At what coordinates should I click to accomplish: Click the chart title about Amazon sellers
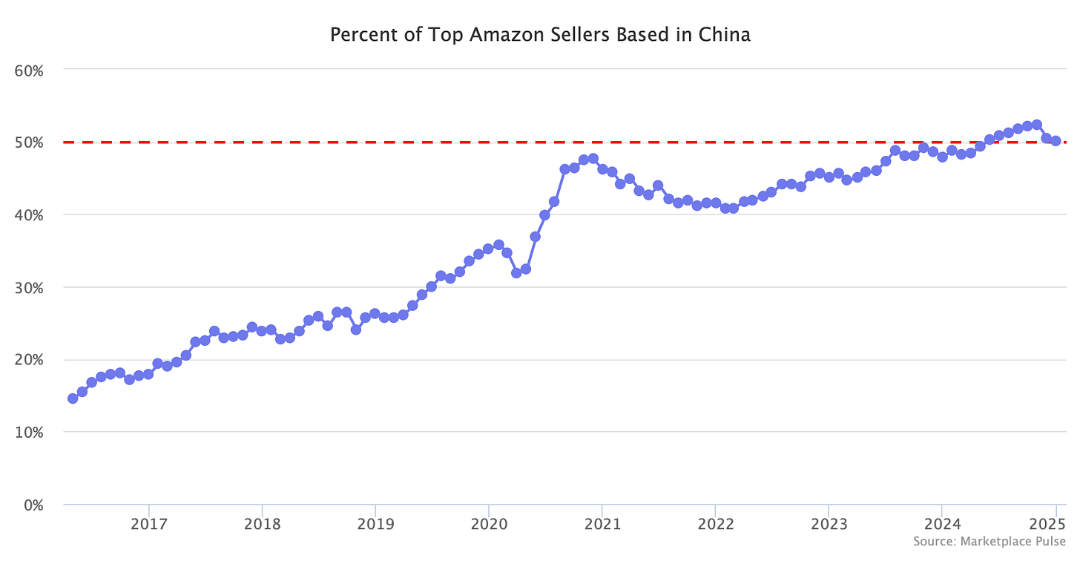539,35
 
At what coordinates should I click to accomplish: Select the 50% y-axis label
30,142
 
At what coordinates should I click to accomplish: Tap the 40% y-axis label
30,215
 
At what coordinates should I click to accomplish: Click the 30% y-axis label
30,288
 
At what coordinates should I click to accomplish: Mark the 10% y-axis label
30,433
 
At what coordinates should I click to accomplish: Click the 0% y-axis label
33,505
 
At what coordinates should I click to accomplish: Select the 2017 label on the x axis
148,525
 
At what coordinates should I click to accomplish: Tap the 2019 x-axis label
375,525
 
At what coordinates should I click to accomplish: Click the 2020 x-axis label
488,525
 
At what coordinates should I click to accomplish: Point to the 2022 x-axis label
714,525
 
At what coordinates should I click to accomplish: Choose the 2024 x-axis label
941,525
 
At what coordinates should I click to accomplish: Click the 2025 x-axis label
1054,525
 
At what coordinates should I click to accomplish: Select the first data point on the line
73,398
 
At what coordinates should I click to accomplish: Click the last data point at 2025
1055,141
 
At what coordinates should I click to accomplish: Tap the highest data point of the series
1036,125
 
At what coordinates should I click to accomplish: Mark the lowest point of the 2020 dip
516,272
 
